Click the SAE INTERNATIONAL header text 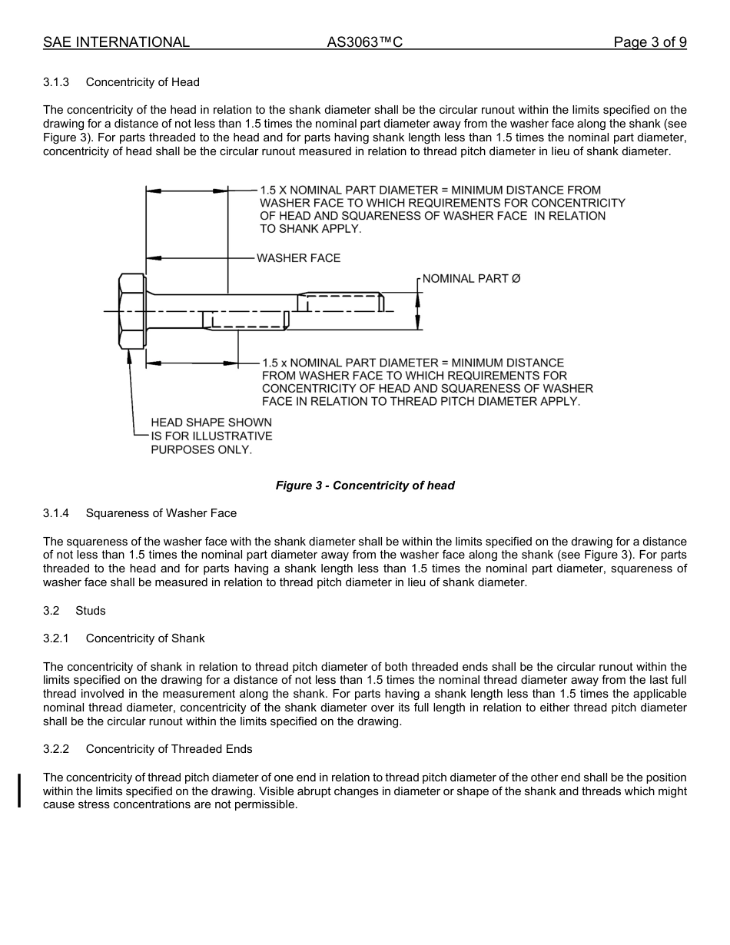point(116,42)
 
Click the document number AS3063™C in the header point(364,42)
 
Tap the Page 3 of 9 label point(649,42)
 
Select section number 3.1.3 point(56,82)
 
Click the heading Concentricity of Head point(142,82)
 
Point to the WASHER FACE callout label point(298,258)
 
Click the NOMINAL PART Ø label point(471,278)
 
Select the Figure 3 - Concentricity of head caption point(365,486)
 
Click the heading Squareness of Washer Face point(161,513)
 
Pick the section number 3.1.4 point(56,513)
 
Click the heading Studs point(91,611)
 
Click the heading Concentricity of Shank point(145,638)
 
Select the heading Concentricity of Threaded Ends point(169,749)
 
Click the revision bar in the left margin point(19,780)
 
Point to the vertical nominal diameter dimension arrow point(418,311)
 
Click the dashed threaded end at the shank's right point(340,302)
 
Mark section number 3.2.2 point(56,749)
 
